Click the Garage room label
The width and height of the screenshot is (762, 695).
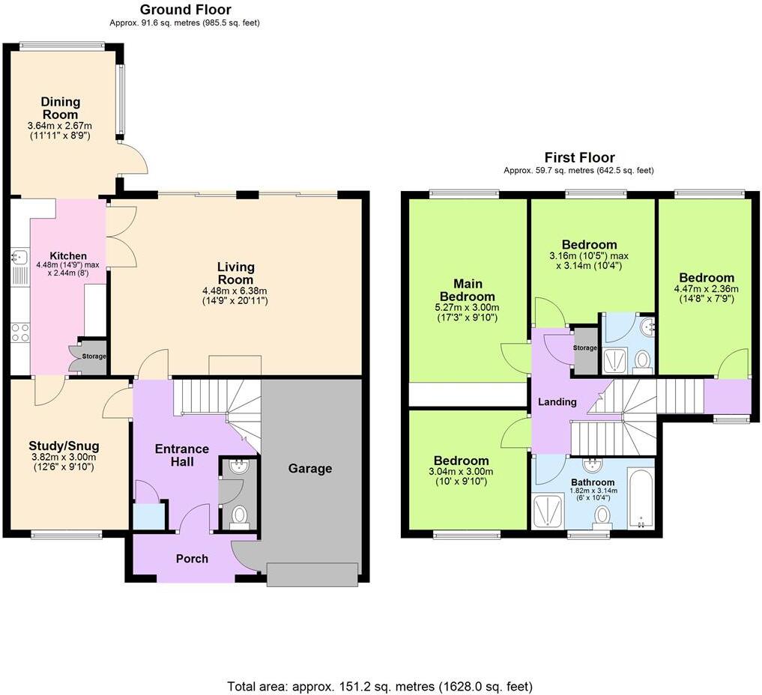[310, 469]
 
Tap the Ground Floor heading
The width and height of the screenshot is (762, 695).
[186, 10]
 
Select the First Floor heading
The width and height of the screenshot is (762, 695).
[579, 157]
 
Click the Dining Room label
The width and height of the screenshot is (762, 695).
[61, 108]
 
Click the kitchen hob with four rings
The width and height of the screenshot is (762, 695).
[19, 333]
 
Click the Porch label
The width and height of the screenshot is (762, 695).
[192, 559]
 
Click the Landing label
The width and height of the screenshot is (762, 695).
[557, 401]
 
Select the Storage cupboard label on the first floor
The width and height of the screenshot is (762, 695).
[585, 348]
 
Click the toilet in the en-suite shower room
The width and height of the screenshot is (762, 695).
[642, 362]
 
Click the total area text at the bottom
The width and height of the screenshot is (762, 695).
[380, 686]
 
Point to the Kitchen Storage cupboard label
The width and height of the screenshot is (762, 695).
[94, 356]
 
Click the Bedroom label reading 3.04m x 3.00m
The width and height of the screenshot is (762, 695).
[462, 461]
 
